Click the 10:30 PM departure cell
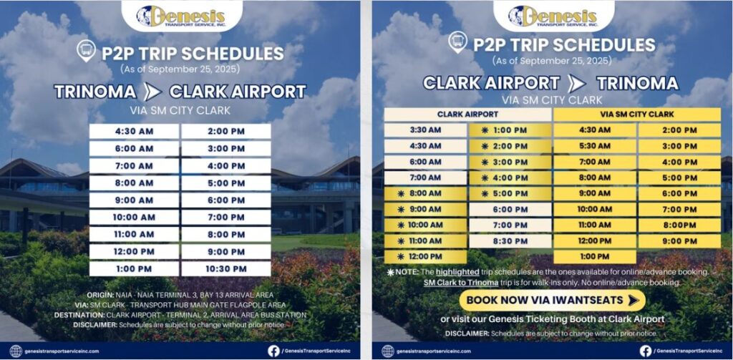226,269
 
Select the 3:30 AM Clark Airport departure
425,130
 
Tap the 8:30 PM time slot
510,240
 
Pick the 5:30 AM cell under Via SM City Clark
595,146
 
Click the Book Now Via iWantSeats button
552,300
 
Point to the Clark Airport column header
468,114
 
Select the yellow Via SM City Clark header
636,114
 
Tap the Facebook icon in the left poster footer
274,351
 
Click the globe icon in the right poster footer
388,351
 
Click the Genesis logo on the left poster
181,16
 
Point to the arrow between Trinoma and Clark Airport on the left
152,92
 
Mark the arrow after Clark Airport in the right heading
576,83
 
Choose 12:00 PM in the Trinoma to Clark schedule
134,251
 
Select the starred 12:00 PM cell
425,257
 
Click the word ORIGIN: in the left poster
99,296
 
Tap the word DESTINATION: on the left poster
79,315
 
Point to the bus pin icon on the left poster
87,51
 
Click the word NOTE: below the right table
407,272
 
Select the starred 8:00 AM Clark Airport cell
425,193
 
